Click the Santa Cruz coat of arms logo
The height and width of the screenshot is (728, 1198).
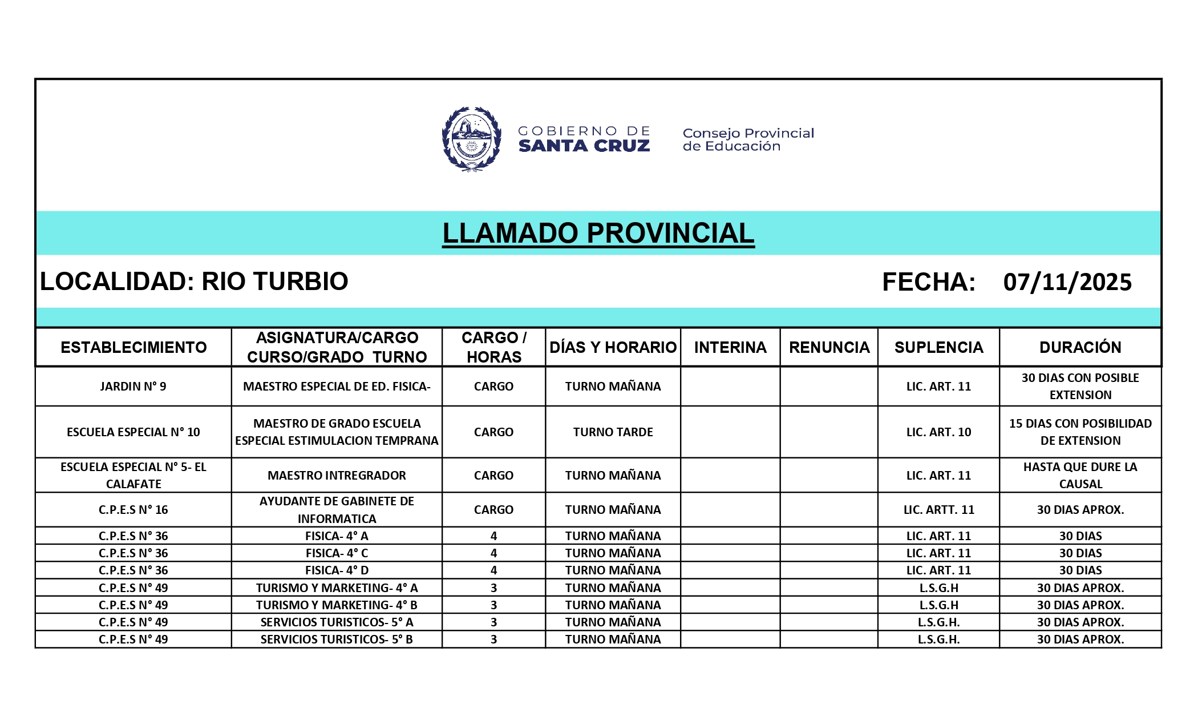[471, 139]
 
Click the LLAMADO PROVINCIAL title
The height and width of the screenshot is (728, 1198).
[598, 233]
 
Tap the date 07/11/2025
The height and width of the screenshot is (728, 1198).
[1067, 282]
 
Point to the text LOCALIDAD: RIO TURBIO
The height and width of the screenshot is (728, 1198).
[194, 281]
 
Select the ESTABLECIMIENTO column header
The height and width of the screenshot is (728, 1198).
[133, 347]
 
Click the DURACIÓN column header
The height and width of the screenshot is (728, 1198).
[1080, 347]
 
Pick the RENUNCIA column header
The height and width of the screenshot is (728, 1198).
[829, 347]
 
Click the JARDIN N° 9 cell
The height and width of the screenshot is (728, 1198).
[133, 387]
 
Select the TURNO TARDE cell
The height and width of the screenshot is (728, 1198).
[613, 432]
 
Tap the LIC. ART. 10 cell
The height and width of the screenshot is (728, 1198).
[938, 432]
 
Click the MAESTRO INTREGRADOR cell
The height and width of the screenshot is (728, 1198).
[337, 476]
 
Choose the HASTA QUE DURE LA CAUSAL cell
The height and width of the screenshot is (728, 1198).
[1080, 476]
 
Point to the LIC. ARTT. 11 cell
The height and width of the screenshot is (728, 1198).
[938, 510]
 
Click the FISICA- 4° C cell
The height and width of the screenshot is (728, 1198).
[337, 553]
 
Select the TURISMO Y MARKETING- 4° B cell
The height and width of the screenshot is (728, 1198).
[337, 605]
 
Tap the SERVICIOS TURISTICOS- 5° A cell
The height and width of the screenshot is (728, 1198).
[337, 622]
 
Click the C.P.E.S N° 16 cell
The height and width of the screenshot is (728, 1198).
[133, 510]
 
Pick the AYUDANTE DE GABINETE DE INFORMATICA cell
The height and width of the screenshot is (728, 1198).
[337, 510]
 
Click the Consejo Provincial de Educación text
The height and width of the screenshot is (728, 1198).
[748, 139]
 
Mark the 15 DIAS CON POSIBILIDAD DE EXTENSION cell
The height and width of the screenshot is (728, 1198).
[1080, 432]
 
